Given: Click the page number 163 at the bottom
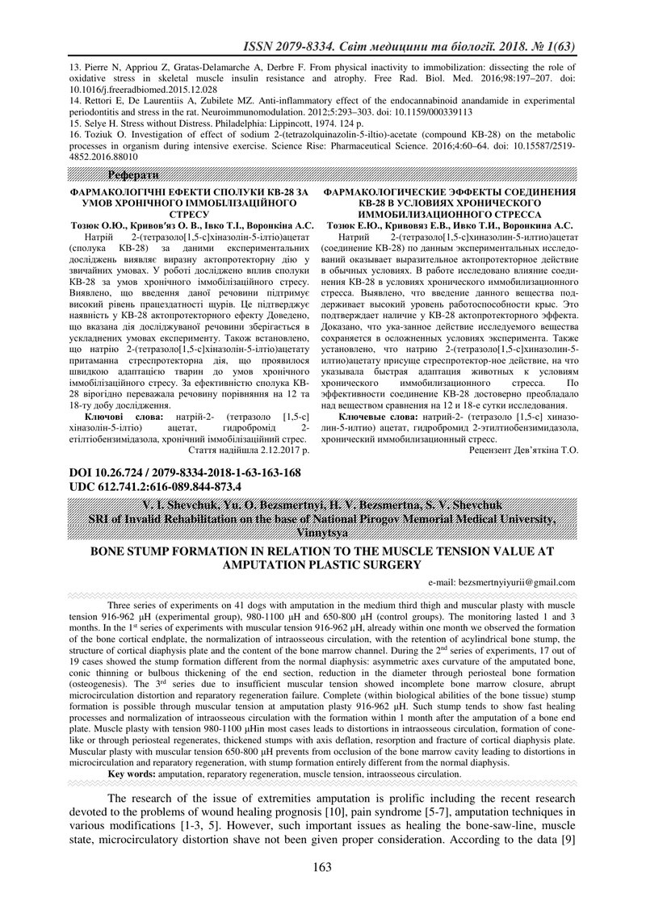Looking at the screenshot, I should tap(322, 867).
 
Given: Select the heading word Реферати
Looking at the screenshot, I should tap(135, 175).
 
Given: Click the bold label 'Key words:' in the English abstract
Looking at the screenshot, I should tap(132, 774).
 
